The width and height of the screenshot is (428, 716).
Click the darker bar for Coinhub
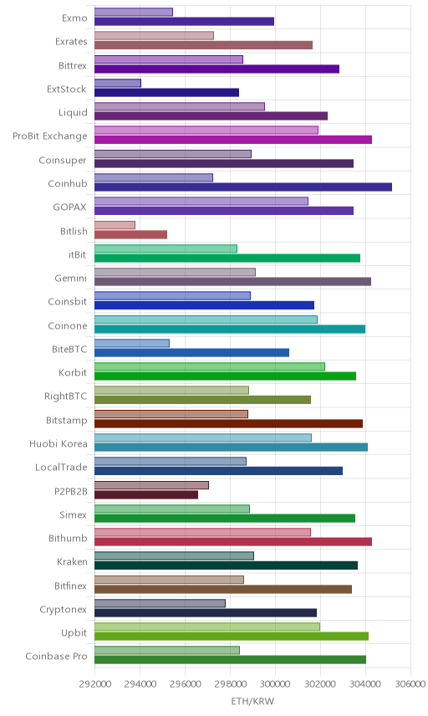[x=243, y=187]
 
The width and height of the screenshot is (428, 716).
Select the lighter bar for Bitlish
[x=115, y=225]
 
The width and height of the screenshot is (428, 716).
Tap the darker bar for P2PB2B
[x=146, y=494]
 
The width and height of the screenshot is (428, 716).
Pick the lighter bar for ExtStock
[x=118, y=83]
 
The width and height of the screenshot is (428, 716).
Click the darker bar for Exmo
[x=185, y=22]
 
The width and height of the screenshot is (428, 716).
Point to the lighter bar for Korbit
[x=210, y=366]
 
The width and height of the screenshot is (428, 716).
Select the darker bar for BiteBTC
[x=192, y=352]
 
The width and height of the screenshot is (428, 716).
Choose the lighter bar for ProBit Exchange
[x=206, y=130]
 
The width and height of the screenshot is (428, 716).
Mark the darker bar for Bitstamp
[x=228, y=424]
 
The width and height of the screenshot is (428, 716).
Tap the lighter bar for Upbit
[x=207, y=627]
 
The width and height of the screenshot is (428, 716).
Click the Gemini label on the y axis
[x=71, y=278]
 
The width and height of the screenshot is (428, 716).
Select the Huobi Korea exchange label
[x=58, y=444]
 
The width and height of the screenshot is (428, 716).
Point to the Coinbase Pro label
[x=56, y=656]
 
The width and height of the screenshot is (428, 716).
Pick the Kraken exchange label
[x=72, y=561]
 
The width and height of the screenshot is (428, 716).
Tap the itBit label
[x=77, y=254]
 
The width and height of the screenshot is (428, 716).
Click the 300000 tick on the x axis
[x=275, y=684]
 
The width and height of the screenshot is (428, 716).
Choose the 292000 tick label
[x=94, y=684]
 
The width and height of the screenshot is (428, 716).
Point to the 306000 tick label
[x=410, y=684]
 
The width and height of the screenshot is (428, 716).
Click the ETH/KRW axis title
[x=252, y=702]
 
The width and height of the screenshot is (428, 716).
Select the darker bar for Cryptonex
[x=206, y=613]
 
